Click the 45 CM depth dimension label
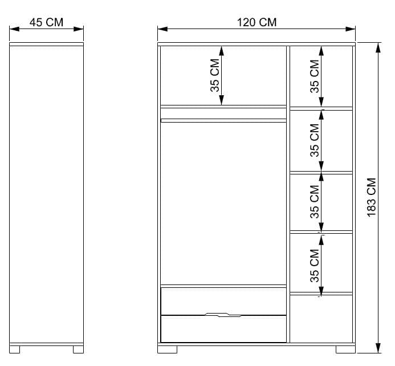coord(46,23)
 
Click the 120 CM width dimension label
coord(256,23)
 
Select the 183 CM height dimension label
coord(372,197)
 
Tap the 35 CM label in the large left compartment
coord(214,75)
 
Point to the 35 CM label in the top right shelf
coord(314,76)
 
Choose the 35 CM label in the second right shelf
coord(314,140)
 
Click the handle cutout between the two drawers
coord(223,314)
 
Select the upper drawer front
coord(223,300)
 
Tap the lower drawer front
coord(223,330)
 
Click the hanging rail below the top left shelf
coord(223,120)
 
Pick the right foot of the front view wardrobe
coord(344,349)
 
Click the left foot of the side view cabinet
coord(16,349)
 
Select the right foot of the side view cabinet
coord(77,349)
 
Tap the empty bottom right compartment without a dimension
coord(321,318)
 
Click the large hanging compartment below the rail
coord(223,202)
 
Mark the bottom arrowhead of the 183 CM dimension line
coord(378,348)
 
